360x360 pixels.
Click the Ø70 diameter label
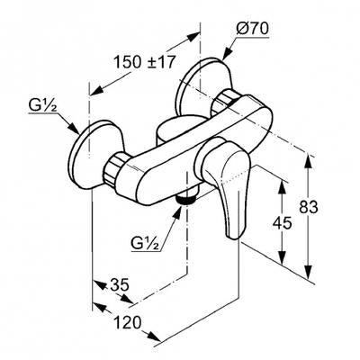coord(252,30)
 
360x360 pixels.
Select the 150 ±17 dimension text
coord(144,62)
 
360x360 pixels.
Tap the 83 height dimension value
coord(308,207)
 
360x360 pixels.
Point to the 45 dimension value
coord(282,223)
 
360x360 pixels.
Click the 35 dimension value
coord(120,284)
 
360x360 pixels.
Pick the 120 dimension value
coord(128,323)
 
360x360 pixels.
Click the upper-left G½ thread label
coord(43,106)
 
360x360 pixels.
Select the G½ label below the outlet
coord(145,243)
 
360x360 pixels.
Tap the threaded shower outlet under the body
coord(186,199)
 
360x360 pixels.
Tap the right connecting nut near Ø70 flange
coord(222,103)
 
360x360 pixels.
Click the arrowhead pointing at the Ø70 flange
coord(227,53)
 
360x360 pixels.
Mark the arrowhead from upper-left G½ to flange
coord(73,128)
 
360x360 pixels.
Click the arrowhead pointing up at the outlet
coord(178,212)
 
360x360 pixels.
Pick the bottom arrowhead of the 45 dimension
coord(282,257)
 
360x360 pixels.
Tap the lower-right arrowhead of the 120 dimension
coord(154,337)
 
